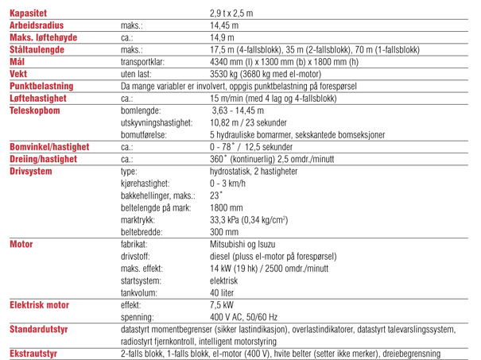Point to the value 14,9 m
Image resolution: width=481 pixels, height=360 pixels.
[x=222, y=37]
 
